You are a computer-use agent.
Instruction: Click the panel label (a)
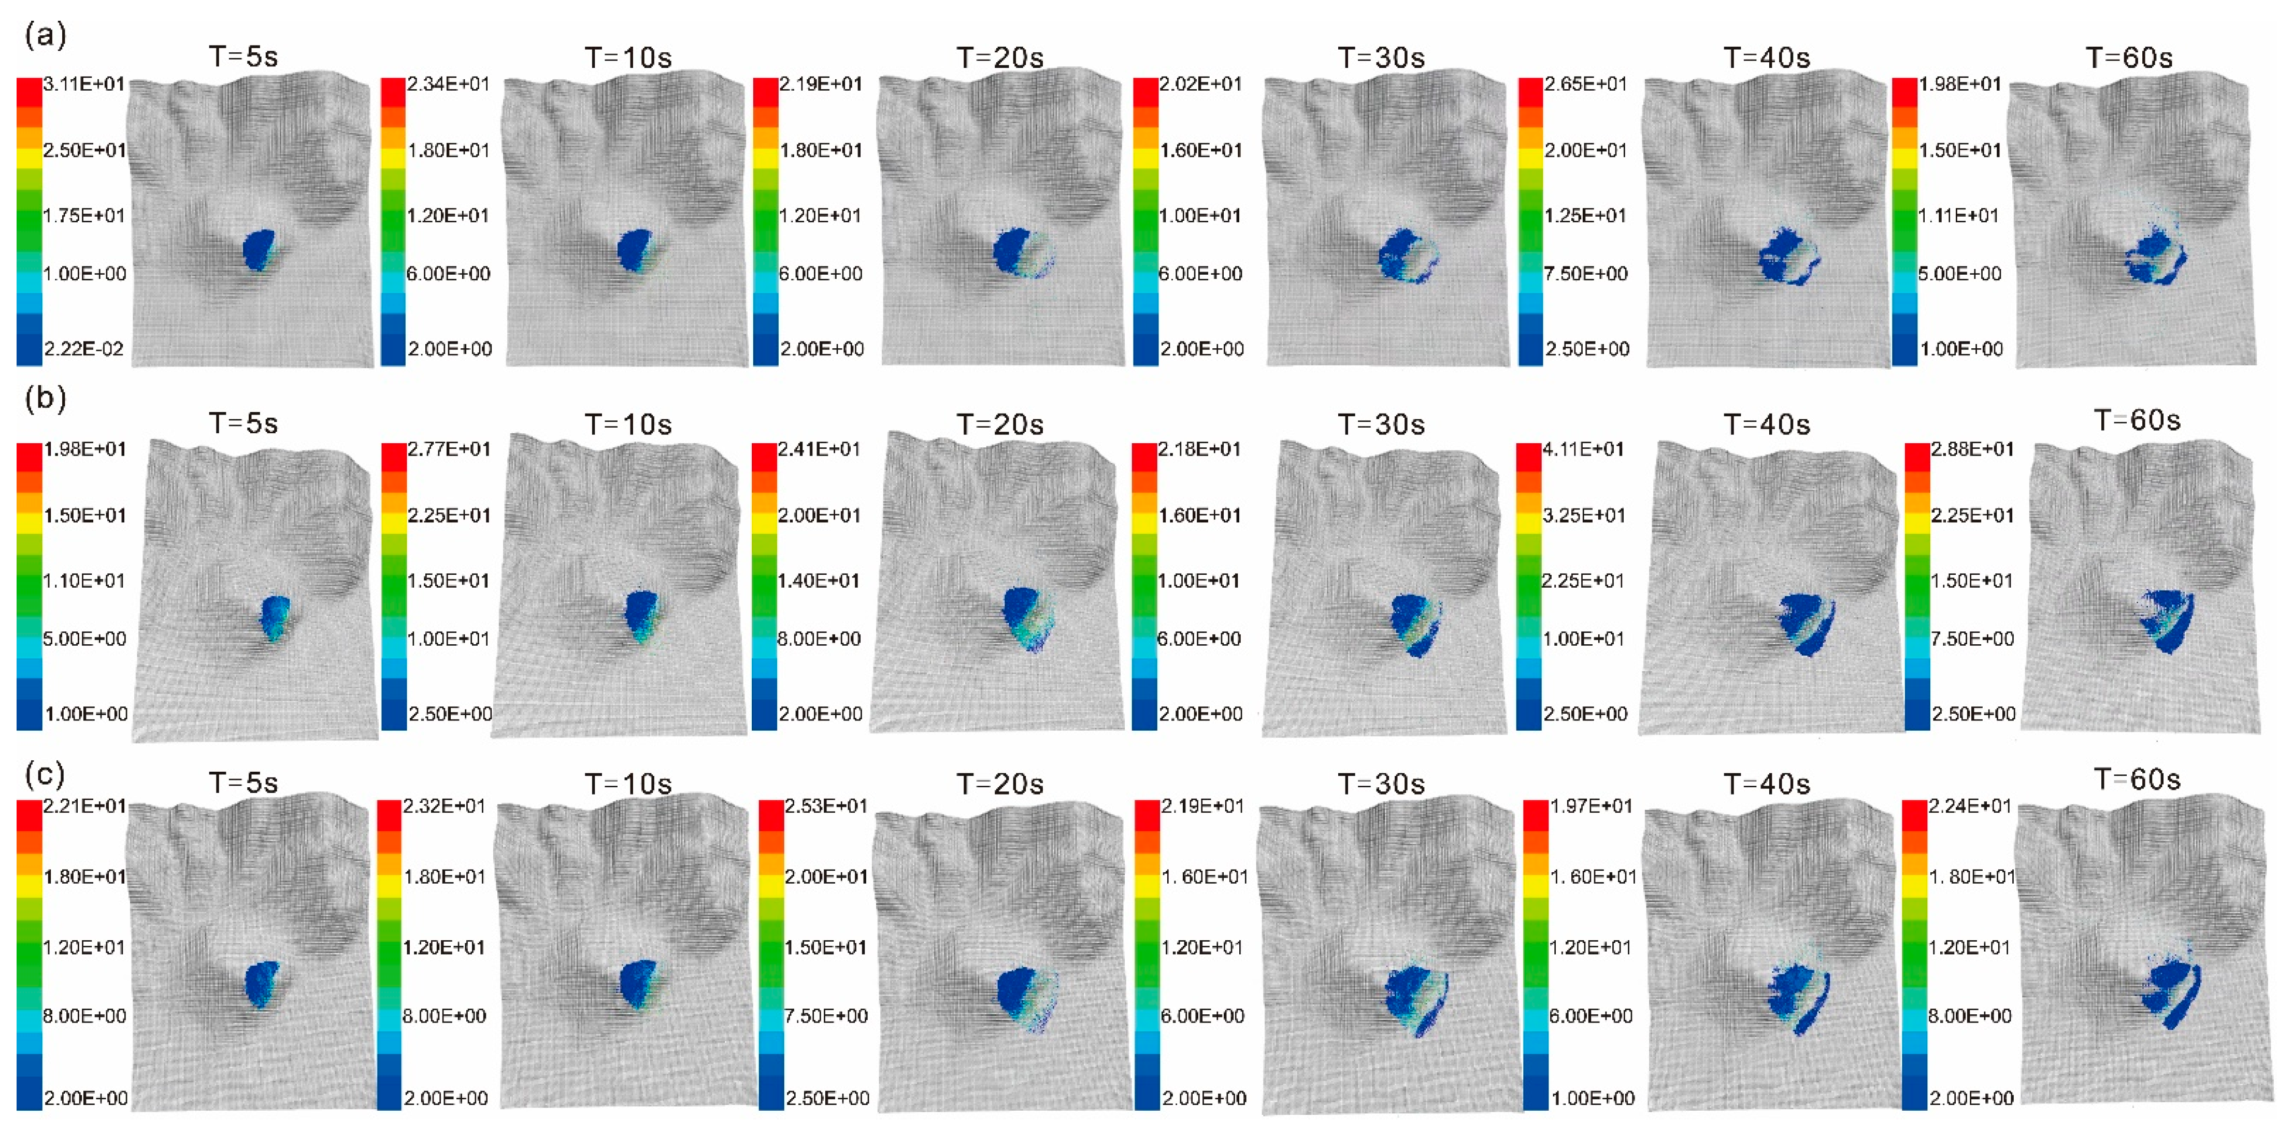(x=45, y=36)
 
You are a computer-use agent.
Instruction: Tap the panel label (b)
(x=45, y=398)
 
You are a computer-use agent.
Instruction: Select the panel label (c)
(x=45, y=774)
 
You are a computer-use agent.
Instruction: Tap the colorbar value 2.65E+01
(x=1585, y=84)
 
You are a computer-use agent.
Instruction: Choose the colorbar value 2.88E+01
(x=1972, y=449)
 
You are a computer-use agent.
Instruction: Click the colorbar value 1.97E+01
(x=1591, y=806)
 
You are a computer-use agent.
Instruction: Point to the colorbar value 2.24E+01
(x=1969, y=806)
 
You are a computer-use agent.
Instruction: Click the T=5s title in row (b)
(x=243, y=423)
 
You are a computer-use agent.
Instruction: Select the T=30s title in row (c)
(x=1381, y=784)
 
